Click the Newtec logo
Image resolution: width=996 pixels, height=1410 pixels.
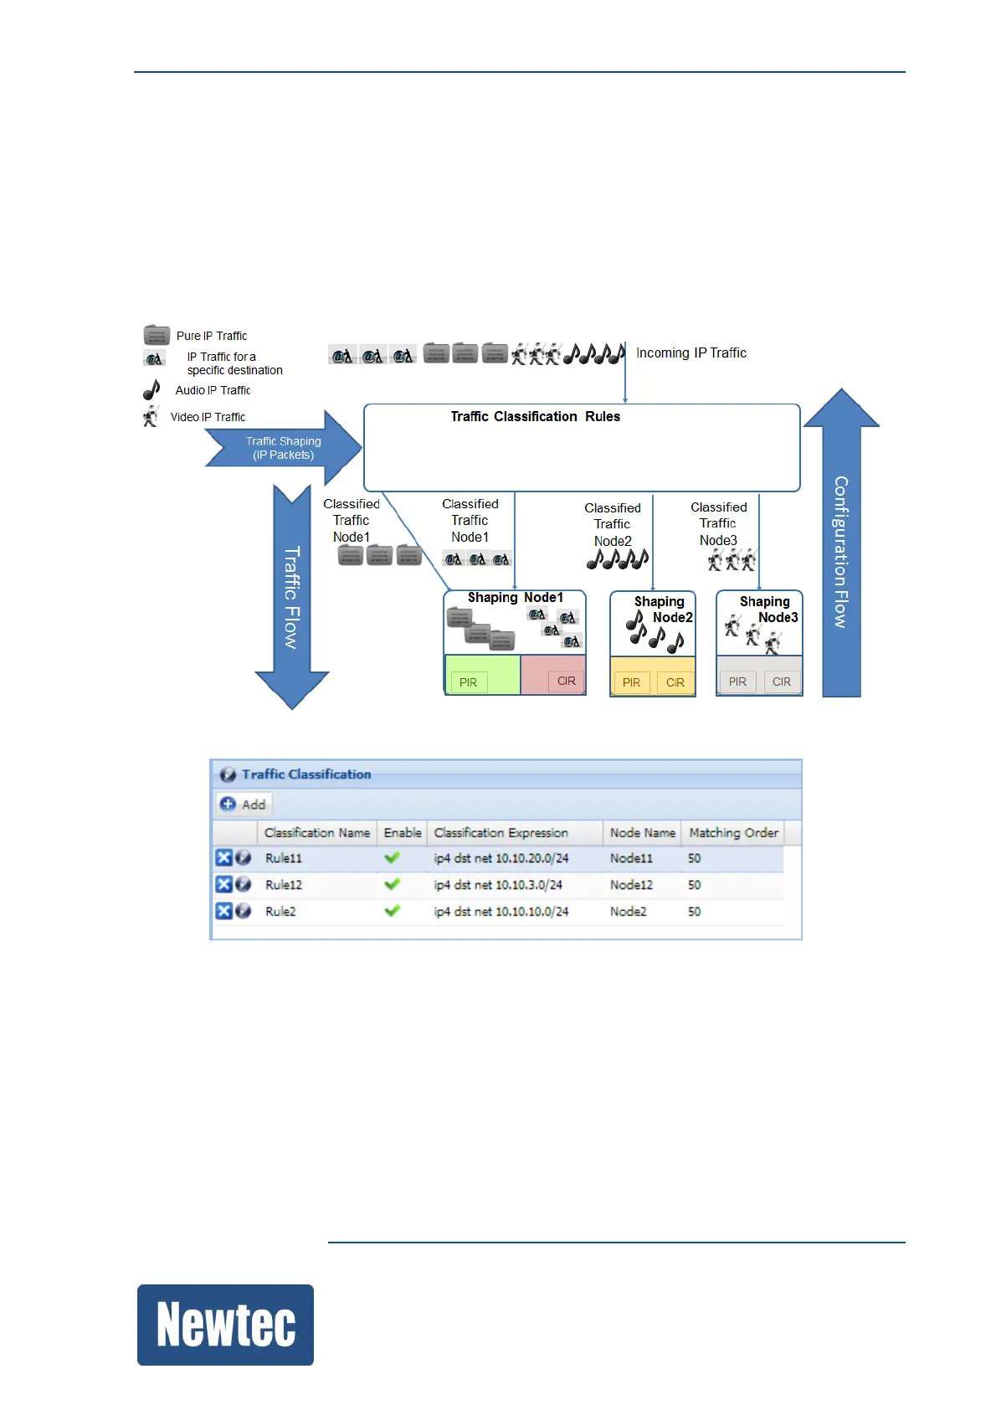tap(225, 1324)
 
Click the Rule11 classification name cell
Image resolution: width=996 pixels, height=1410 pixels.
tap(284, 858)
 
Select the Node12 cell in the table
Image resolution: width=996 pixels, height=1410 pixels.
tap(631, 885)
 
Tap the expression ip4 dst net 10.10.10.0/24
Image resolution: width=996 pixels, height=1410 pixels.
tap(501, 912)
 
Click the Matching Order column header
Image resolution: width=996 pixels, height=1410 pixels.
tap(733, 833)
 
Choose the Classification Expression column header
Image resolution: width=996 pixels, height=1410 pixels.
tap(501, 833)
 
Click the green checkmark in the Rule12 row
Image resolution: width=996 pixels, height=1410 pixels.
tap(392, 884)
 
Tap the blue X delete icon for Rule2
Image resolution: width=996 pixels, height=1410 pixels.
tap(223, 911)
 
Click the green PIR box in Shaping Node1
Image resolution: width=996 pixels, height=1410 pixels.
tap(468, 682)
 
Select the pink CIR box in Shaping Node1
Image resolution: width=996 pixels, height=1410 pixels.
tap(566, 681)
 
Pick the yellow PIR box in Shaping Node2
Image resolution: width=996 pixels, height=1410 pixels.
tap(631, 682)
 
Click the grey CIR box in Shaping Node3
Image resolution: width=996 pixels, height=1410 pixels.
tap(781, 682)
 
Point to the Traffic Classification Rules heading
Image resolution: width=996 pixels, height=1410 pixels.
tap(535, 417)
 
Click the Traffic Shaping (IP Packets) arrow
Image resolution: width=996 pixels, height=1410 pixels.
tap(283, 448)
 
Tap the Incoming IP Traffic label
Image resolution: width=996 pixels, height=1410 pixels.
tap(691, 353)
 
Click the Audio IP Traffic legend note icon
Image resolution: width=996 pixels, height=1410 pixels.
tap(151, 390)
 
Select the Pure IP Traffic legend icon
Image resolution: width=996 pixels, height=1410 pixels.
tap(157, 336)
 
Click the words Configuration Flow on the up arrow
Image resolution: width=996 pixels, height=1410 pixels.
tap(840, 552)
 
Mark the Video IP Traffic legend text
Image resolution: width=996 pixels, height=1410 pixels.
tap(208, 417)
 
